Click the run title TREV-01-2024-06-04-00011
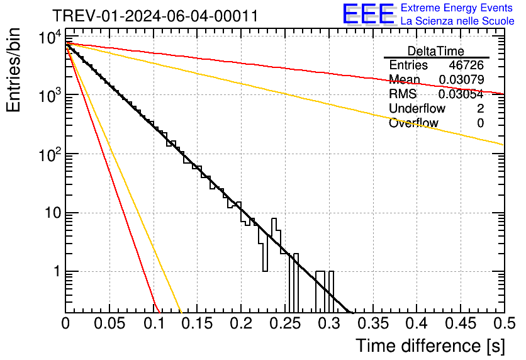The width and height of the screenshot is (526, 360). (155, 16)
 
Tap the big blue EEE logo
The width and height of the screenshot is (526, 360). (368, 15)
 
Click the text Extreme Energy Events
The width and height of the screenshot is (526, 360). (457, 8)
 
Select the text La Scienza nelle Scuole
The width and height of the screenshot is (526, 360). (457, 21)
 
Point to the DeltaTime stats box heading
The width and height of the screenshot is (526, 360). (436, 51)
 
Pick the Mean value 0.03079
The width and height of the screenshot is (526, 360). (461, 80)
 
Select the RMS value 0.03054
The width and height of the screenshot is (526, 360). (461, 94)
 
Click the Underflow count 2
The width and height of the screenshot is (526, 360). (480, 109)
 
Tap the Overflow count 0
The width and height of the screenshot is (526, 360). (480, 123)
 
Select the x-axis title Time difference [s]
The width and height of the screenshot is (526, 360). (429, 346)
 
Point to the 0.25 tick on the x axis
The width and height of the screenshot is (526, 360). (284, 323)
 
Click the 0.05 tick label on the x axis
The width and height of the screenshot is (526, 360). (109, 323)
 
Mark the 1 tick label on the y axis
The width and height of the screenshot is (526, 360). (55, 272)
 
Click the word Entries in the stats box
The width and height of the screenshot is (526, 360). (408, 65)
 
